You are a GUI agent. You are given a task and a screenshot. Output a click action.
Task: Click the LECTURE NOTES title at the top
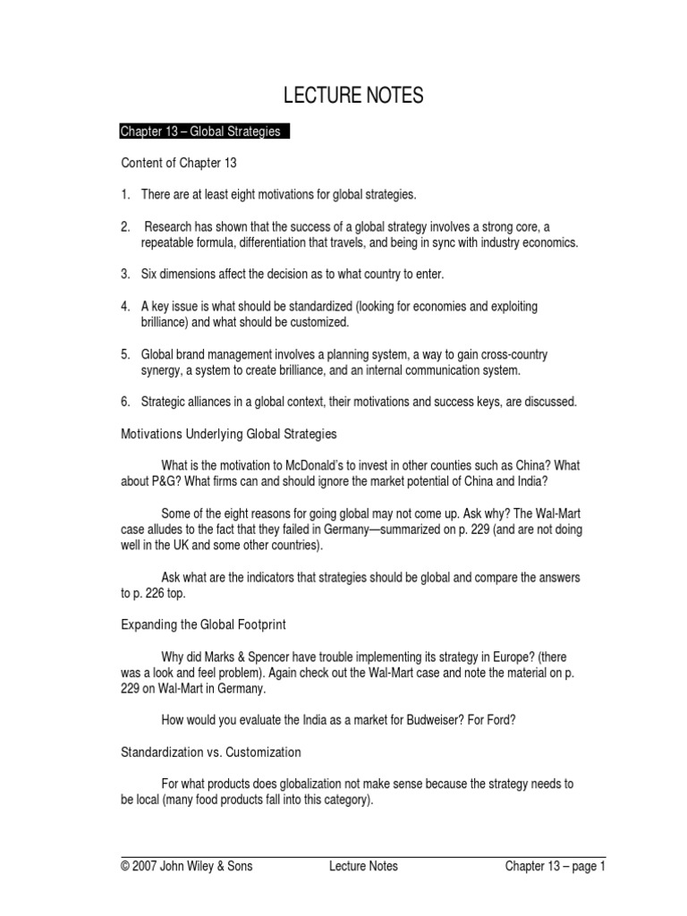[x=352, y=97]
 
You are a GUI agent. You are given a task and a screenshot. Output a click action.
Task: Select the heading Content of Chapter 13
[x=178, y=163]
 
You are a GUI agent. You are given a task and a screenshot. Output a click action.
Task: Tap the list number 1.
[x=125, y=194]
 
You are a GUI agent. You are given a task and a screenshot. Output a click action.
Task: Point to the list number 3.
[x=125, y=274]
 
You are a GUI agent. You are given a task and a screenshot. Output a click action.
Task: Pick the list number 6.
[x=125, y=403]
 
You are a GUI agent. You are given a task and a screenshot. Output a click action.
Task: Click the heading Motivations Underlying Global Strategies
[x=229, y=434]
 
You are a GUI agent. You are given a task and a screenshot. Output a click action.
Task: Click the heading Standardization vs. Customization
[x=211, y=752]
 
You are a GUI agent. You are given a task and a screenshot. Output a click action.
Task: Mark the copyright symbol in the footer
[x=125, y=866]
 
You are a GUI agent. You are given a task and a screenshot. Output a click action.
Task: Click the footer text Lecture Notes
[x=363, y=866]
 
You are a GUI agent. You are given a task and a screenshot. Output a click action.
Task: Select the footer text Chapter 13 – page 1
[x=556, y=866]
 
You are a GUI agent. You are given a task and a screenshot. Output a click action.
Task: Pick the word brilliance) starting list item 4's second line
[x=167, y=322]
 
